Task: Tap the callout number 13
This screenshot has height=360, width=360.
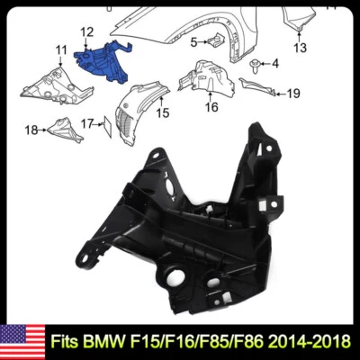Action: tap(300, 47)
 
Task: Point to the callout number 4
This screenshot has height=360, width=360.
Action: tap(275, 63)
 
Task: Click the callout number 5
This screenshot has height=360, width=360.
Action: tap(193, 42)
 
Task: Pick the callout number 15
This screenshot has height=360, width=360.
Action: tap(162, 112)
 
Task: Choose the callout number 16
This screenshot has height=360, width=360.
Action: tap(211, 106)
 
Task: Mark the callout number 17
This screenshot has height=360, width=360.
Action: tap(86, 122)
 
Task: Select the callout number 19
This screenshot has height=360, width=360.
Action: tap(292, 93)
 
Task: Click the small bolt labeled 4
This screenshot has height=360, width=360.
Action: tap(257, 63)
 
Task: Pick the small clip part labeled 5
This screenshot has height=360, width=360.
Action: tap(216, 40)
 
